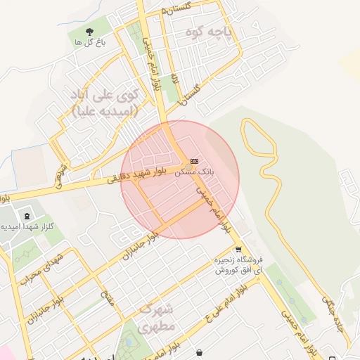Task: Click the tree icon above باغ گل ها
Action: pyautogui.click(x=89, y=31)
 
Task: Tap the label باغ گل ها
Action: pyautogui.click(x=89, y=43)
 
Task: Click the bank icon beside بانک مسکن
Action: pyautogui.click(x=194, y=161)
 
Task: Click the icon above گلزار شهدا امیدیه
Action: pyautogui.click(x=27, y=214)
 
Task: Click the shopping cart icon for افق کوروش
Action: pyautogui.click(x=238, y=249)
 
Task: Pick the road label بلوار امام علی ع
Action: pyautogui.click(x=224, y=299)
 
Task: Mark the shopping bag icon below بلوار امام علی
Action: pyautogui.click(x=200, y=352)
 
